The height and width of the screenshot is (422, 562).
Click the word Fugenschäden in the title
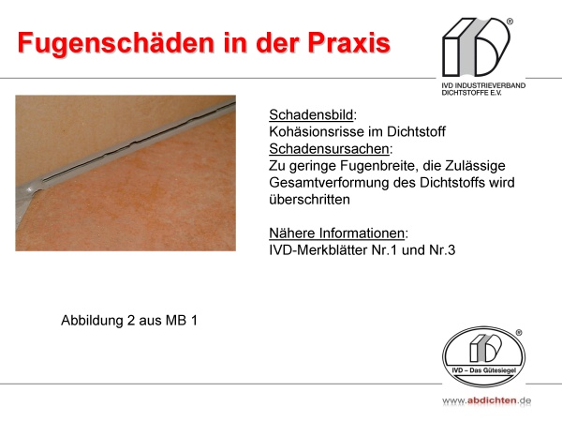tap(115, 44)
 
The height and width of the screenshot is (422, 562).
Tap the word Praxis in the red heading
tap(348, 43)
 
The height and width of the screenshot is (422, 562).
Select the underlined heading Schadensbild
tap(311, 114)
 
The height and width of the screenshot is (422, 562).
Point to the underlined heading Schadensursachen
tap(329, 148)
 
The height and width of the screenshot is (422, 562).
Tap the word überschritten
tap(309, 200)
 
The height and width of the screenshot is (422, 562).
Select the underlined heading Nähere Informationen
tap(337, 234)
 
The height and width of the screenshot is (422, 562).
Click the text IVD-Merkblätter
tap(318, 250)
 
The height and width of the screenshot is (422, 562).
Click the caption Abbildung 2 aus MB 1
tap(129, 321)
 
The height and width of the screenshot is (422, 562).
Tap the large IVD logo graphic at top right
tap(477, 47)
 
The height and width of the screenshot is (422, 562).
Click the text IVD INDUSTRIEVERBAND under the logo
tap(483, 85)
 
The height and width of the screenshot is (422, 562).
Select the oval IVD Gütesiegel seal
tap(484, 356)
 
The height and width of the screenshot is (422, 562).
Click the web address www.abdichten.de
tap(487, 400)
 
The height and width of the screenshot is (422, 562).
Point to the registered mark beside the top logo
tap(510, 22)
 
